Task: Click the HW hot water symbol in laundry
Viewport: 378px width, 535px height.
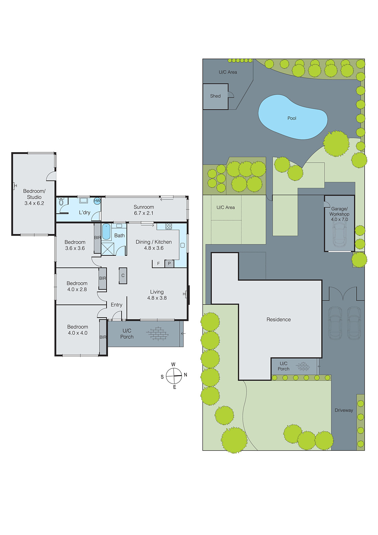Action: point(97,201)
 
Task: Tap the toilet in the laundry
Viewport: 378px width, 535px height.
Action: point(61,202)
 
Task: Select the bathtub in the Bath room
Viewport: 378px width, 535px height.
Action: point(106,232)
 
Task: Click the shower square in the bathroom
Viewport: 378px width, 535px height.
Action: point(108,249)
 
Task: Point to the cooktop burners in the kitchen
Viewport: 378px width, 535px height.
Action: point(169,226)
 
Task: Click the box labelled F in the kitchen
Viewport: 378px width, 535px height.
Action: point(158,263)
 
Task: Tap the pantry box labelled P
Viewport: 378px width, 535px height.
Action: point(169,263)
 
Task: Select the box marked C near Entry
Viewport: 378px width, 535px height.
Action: point(123,276)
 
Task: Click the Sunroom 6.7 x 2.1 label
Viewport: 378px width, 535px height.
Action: point(144,210)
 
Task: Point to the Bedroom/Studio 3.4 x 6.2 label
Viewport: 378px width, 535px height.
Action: point(34,197)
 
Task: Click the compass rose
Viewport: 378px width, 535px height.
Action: point(174,376)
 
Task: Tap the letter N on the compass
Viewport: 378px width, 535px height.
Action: point(185,375)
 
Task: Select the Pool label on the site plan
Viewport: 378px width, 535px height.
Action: point(292,118)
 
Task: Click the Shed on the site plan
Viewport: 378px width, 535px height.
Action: point(215,96)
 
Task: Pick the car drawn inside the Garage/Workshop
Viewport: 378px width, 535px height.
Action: point(339,234)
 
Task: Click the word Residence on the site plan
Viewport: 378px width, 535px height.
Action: point(278,319)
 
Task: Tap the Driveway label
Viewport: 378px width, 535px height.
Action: point(344,410)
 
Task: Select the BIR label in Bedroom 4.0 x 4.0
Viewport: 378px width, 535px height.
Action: point(103,337)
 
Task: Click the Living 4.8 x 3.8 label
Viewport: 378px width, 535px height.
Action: point(157,295)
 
